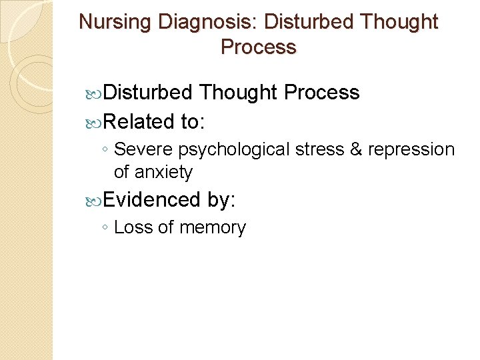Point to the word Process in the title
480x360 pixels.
[x=258, y=47]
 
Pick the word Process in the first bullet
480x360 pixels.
[x=321, y=93]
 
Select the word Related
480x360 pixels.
[x=139, y=122]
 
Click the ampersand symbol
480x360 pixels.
[x=356, y=150]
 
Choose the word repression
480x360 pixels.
[x=411, y=150]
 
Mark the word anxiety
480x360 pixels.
[x=163, y=172]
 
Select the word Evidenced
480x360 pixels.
[x=151, y=199]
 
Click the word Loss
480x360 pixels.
[x=133, y=227]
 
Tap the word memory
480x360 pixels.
[x=211, y=227]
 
